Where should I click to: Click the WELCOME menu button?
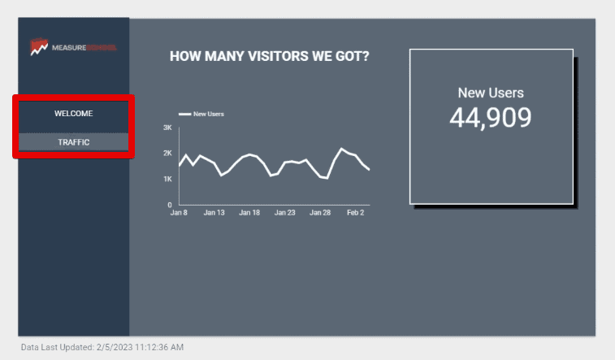[73, 114]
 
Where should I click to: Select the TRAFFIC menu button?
[73, 142]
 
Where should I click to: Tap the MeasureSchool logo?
[73, 48]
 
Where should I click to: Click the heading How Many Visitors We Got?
[269, 57]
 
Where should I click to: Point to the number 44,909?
[490, 118]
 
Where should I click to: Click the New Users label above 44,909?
[491, 93]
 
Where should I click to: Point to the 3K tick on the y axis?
[167, 128]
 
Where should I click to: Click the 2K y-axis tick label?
[167, 154]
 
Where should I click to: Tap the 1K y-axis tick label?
[167, 179]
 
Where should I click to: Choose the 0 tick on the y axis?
[170, 205]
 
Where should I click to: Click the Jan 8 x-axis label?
[179, 213]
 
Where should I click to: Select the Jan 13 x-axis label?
[214, 213]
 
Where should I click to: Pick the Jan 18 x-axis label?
[250, 213]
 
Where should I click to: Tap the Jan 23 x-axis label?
[285, 213]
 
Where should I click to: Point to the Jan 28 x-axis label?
[321, 213]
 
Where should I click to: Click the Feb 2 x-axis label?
[355, 213]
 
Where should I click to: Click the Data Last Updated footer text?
[102, 348]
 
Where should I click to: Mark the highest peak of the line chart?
[342, 149]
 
